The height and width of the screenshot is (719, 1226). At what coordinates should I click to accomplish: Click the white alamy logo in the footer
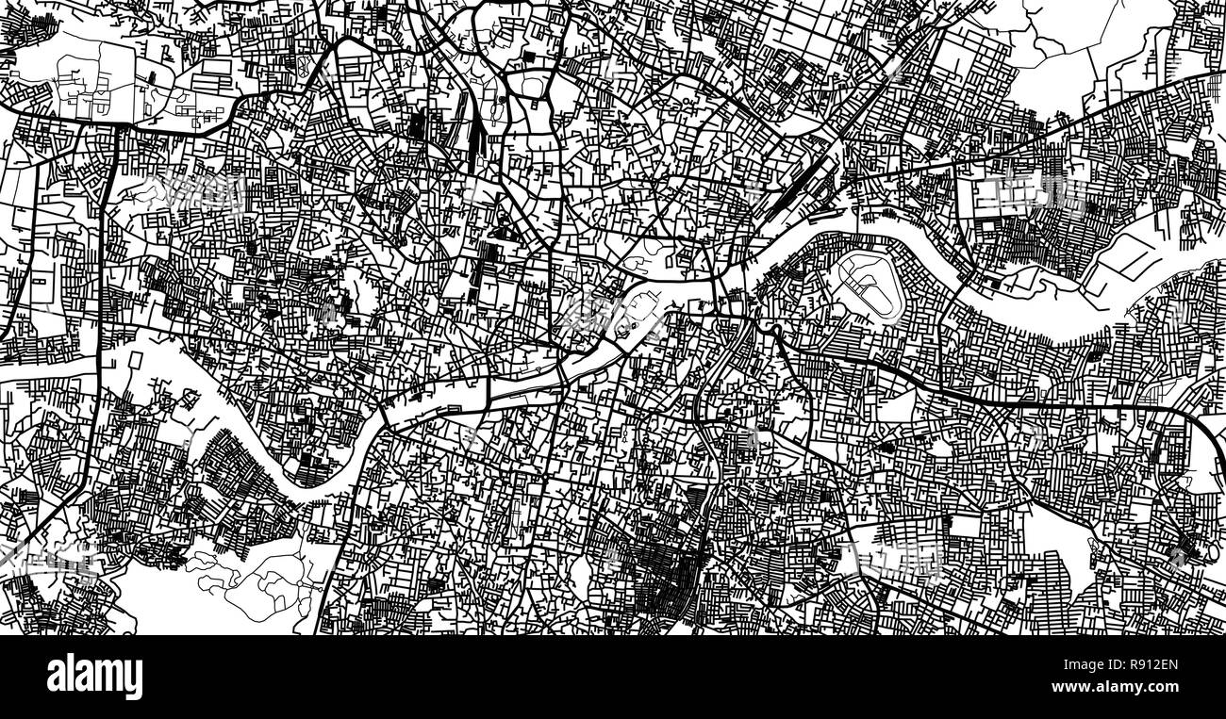[x=94, y=677]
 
